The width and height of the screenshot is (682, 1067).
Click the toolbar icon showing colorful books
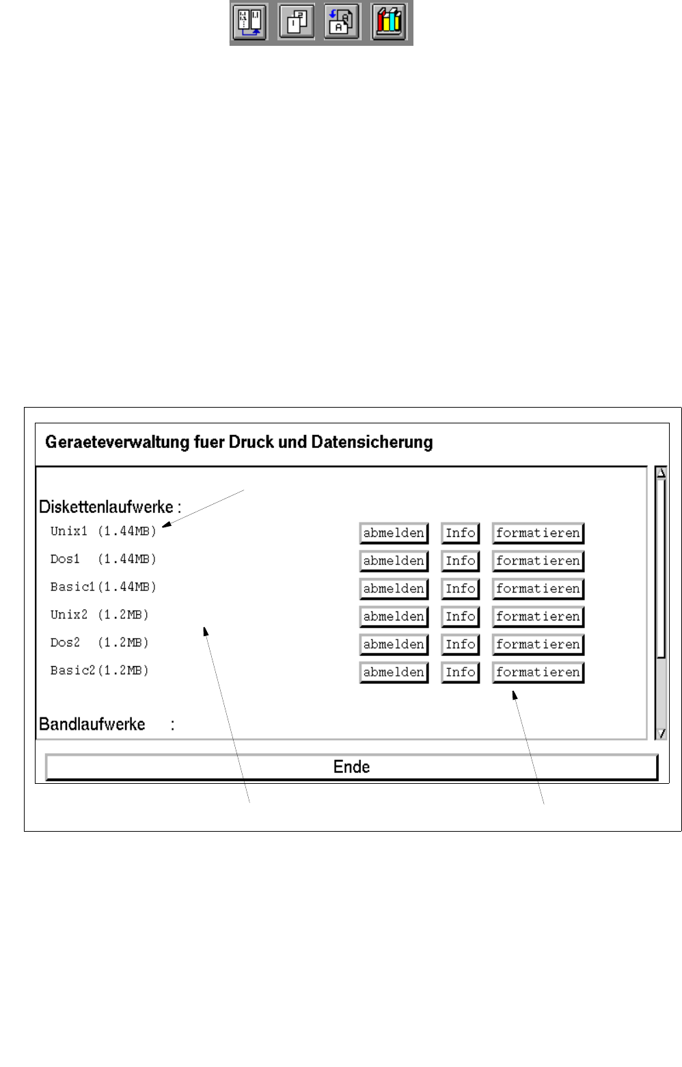[x=389, y=22]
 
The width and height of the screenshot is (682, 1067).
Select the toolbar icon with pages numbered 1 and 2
[x=297, y=22]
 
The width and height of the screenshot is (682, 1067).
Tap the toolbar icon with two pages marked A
[x=342, y=22]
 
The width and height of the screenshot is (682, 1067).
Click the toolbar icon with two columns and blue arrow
[x=249, y=22]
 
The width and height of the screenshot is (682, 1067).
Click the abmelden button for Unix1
[x=394, y=533]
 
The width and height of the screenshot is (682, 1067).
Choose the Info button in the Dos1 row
[x=460, y=561]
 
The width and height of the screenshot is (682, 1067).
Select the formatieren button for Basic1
[x=538, y=589]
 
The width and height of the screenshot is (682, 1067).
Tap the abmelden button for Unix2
[x=394, y=616]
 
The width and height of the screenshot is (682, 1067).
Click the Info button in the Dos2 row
[x=460, y=644]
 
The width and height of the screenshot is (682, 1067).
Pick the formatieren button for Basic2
[x=538, y=672]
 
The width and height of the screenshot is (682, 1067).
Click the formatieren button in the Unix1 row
[x=538, y=533]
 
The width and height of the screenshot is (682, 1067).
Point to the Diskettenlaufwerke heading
[x=109, y=507]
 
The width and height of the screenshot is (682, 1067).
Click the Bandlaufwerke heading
[x=92, y=724]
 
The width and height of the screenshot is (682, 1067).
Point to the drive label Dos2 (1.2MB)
[x=99, y=642]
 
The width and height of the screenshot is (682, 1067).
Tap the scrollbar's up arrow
[x=661, y=473]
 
